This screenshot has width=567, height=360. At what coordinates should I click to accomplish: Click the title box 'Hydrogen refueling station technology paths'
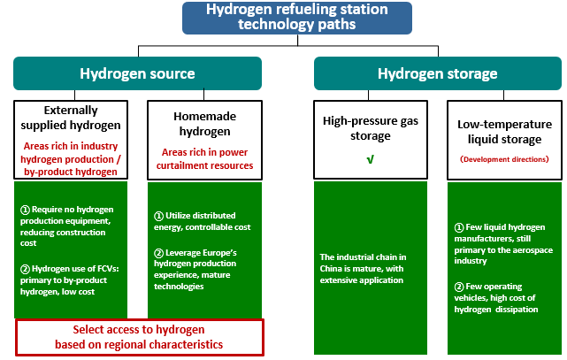tap(297, 18)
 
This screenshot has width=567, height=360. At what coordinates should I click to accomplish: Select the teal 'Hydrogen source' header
tap(137, 73)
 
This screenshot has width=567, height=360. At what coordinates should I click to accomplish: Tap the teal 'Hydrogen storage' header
tap(438, 73)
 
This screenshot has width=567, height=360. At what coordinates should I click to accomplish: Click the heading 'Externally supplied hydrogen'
tap(71, 118)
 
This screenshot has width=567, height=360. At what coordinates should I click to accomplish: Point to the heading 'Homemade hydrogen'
tap(204, 124)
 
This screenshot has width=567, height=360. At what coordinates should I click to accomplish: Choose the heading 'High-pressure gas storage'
tap(371, 128)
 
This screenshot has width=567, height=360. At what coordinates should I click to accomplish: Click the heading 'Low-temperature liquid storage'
tap(504, 132)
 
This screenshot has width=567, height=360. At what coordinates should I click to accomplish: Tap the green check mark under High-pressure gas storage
tap(370, 159)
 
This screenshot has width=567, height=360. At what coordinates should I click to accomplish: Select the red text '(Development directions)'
tap(504, 159)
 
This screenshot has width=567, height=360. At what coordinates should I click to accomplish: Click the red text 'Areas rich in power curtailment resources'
tap(204, 159)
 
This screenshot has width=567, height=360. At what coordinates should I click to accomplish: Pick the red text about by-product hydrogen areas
tap(71, 159)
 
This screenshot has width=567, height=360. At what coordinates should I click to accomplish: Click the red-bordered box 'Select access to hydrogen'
tap(140, 337)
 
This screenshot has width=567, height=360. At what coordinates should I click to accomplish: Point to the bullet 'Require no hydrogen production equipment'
tap(67, 226)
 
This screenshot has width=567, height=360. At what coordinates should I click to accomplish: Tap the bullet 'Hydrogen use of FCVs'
tap(69, 280)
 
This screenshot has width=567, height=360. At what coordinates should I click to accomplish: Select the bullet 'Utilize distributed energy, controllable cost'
tap(203, 221)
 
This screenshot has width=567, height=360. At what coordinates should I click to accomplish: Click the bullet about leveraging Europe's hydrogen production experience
tap(195, 269)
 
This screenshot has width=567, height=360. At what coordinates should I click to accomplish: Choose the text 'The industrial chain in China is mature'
tap(363, 269)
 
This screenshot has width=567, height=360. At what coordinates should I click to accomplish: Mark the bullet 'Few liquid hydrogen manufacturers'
tap(503, 244)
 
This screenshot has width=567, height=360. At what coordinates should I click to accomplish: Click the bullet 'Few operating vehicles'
tap(495, 298)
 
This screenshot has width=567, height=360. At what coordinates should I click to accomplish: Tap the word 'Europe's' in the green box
tap(218, 253)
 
